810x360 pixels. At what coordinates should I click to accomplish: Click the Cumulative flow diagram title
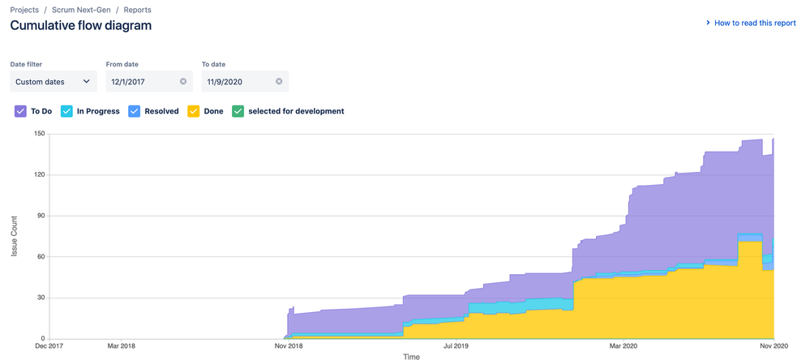80,25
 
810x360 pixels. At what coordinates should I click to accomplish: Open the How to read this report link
754,24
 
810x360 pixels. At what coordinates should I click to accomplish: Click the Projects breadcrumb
24,10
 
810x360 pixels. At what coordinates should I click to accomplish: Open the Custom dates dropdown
54,81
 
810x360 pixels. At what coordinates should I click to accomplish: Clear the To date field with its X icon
279,81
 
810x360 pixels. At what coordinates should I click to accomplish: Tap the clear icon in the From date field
183,81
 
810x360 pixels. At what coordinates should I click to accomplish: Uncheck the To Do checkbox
21,111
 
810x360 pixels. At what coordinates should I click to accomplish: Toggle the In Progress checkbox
67,111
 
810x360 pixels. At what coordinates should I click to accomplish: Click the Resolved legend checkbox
135,111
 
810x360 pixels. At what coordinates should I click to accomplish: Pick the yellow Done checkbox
194,111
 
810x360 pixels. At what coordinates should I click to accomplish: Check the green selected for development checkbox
238,111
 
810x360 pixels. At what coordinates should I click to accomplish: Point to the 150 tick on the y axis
37,134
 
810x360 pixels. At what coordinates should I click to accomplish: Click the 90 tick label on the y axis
39,216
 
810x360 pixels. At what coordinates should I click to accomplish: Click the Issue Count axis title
15,236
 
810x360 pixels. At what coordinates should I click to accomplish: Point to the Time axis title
411,356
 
